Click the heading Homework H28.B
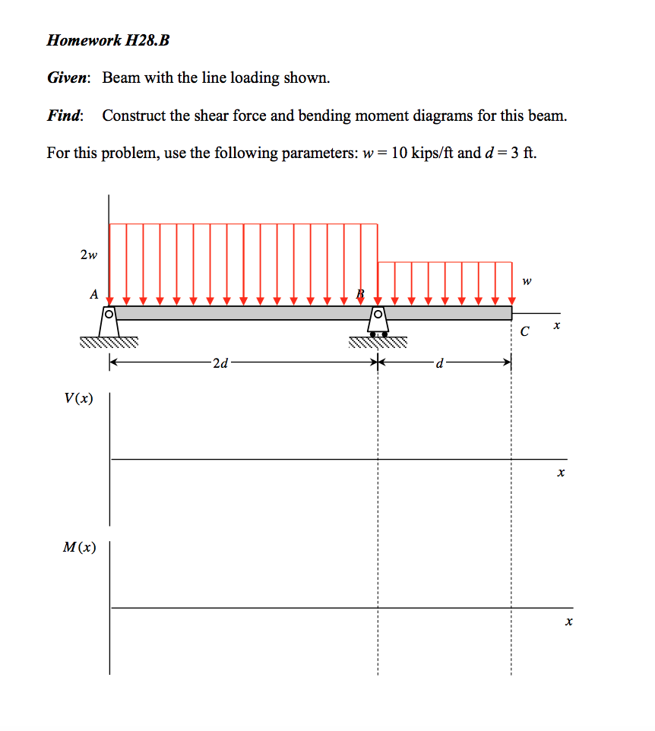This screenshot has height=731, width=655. click(x=108, y=40)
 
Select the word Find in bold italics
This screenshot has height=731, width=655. click(x=64, y=116)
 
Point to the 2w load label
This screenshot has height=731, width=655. click(x=88, y=255)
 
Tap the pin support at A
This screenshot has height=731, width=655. click(x=109, y=322)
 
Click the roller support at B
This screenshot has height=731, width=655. click(x=378, y=322)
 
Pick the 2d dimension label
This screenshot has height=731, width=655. click(x=220, y=364)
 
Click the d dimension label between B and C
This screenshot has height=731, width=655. click(x=438, y=364)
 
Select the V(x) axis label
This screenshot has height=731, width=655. click(x=80, y=397)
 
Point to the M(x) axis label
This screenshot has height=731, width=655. click(x=80, y=547)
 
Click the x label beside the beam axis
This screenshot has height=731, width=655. click(x=556, y=325)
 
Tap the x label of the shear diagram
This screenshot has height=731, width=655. click(x=561, y=473)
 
